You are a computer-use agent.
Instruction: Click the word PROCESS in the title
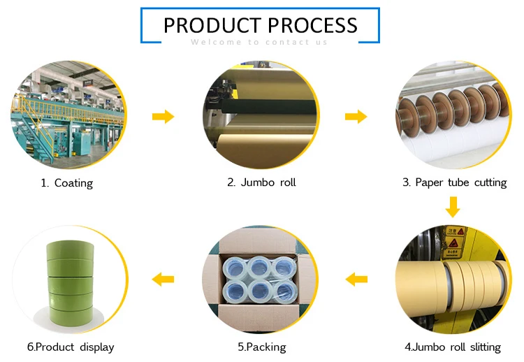click(x=312, y=25)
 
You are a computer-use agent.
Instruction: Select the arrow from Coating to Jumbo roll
click(x=163, y=116)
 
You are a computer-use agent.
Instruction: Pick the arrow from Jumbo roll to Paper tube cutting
click(x=356, y=116)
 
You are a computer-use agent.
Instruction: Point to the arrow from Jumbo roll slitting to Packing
click(x=357, y=280)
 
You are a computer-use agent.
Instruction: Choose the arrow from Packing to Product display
click(x=163, y=280)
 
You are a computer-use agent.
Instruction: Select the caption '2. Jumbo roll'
click(x=261, y=182)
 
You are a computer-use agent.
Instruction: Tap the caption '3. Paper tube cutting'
click(x=454, y=182)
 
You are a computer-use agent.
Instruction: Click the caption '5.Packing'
click(x=261, y=347)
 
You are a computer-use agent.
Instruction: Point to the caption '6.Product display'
click(x=70, y=347)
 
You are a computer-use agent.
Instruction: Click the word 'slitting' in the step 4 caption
click(x=482, y=347)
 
